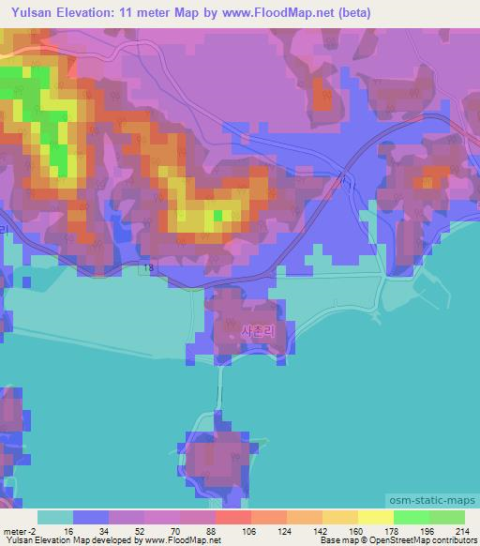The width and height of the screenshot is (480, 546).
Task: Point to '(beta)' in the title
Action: click(x=353, y=13)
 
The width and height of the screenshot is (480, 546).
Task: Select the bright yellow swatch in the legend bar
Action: click(x=375, y=517)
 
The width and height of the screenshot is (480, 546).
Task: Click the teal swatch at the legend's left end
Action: click(x=54, y=517)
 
